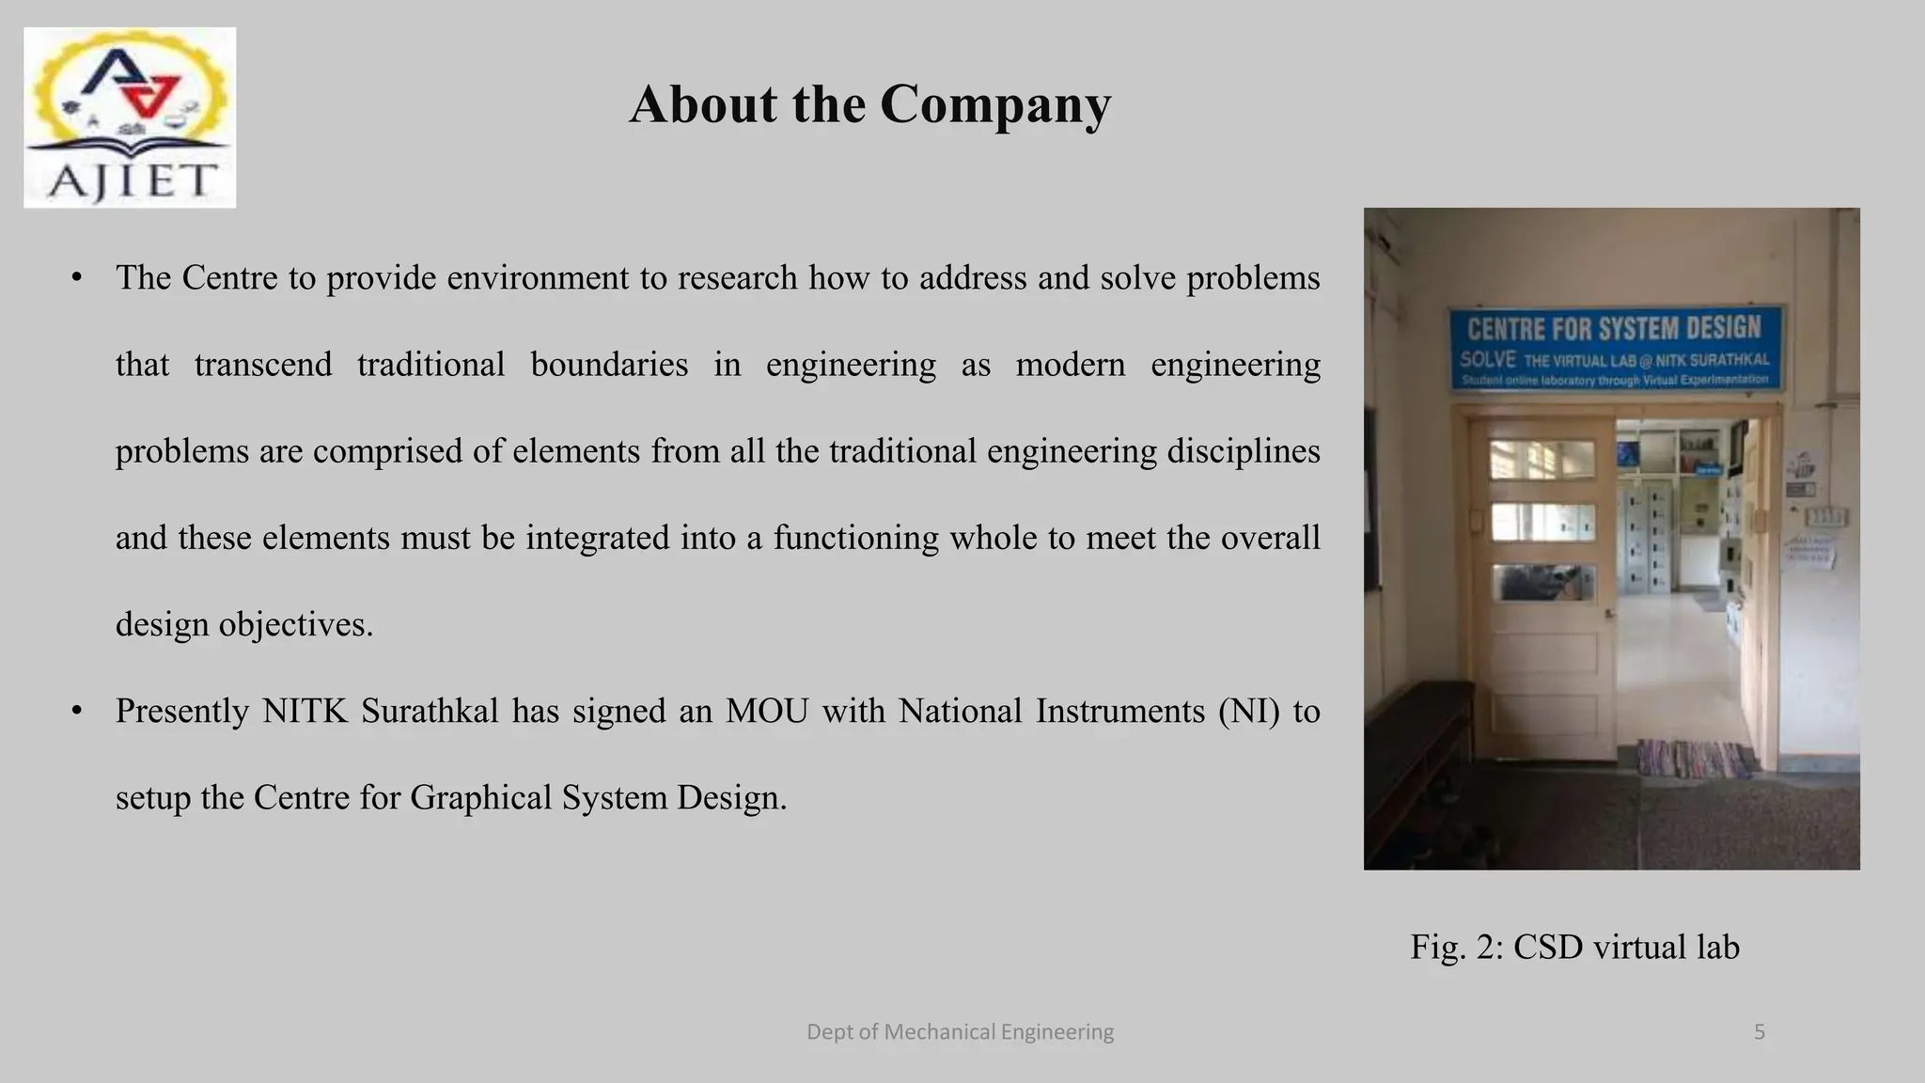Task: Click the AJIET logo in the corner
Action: coord(130,118)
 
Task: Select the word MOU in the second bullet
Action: coord(767,712)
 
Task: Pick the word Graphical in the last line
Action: coord(480,798)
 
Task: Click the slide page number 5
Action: coord(1760,1032)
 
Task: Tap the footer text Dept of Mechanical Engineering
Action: coord(960,1032)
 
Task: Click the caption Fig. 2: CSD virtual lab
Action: coord(1574,947)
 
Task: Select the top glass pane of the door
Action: coord(1542,460)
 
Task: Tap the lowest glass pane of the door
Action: coord(1542,583)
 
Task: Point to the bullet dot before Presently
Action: coord(77,712)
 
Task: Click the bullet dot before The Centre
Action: coord(77,278)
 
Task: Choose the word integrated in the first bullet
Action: coord(598,538)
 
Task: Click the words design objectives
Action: coord(244,625)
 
